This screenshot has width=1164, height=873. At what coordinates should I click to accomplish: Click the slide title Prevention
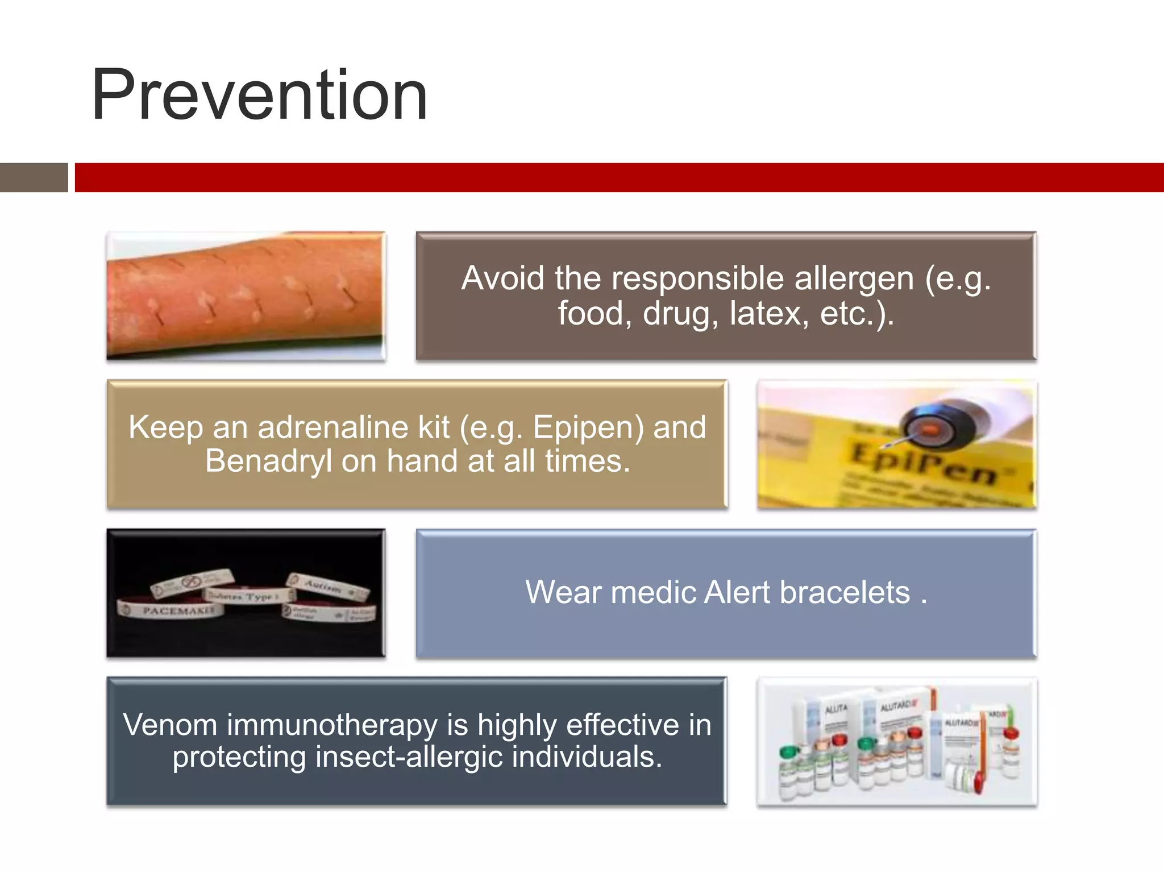pos(259,95)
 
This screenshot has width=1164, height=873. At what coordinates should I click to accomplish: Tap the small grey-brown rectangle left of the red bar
pos(34,177)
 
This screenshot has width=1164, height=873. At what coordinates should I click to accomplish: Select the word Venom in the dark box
pos(170,725)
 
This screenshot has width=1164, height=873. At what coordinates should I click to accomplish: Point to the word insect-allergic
pos(409,758)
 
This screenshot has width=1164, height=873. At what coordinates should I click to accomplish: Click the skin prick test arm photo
pos(246,296)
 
